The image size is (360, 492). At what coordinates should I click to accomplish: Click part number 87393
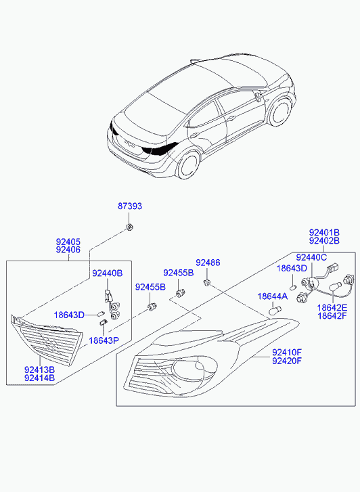130,206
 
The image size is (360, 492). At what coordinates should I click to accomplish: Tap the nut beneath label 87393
129,227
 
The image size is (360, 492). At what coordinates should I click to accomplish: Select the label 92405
68,242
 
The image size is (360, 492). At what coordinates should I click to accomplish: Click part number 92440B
108,273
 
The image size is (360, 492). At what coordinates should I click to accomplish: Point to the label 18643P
104,340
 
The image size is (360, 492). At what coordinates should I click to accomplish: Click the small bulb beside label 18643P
104,323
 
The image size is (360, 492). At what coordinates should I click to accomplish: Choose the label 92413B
39,370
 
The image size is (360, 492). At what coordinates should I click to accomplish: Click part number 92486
208,263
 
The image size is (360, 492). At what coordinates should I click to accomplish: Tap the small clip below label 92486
207,283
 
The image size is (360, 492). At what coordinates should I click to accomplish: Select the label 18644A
273,296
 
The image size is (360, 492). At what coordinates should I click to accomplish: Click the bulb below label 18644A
275,311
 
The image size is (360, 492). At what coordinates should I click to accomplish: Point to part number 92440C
312,257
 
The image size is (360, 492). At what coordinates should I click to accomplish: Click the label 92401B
324,233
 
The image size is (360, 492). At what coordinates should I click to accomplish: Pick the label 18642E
332,307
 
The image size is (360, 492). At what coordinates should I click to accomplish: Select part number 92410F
287,352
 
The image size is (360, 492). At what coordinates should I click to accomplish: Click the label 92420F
287,361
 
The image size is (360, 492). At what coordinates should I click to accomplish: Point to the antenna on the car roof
196,60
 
